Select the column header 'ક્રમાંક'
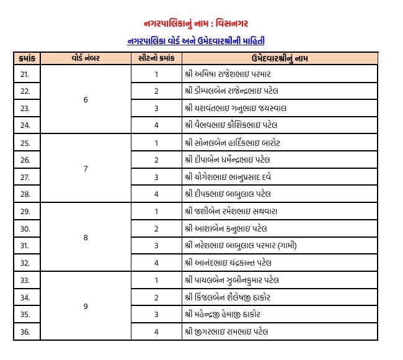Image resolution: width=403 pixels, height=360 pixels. click(25, 58)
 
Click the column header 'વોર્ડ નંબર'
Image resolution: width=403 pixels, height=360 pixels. click(86, 58)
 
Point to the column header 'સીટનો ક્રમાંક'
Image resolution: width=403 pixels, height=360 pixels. click(156, 58)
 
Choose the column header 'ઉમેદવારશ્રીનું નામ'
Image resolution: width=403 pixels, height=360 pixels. click(280, 58)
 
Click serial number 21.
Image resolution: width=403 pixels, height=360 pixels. click(25, 74)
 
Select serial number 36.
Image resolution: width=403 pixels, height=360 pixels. click(25, 331)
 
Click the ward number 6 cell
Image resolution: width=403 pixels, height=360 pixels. click(86, 99)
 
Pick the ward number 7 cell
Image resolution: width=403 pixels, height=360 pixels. click(86, 168)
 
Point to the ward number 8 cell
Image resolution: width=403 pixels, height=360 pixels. click(86, 237)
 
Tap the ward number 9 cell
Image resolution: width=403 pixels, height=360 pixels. click(86, 306)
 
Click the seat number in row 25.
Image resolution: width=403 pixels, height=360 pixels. click(156, 143)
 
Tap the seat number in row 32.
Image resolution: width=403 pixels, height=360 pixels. click(156, 263)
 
